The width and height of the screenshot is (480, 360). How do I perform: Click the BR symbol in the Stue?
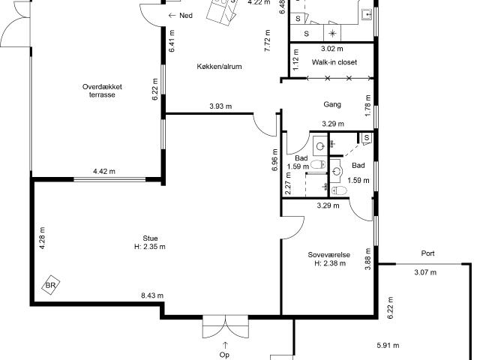[52, 286]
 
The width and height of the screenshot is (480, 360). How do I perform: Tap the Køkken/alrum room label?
[220, 67]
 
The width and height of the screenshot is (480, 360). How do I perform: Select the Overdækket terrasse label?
[103, 91]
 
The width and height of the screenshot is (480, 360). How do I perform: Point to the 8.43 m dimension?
[152, 297]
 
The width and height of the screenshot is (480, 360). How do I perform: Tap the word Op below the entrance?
[223, 354]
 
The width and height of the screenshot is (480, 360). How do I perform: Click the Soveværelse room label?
[328, 255]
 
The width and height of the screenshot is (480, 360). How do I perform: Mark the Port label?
[427, 253]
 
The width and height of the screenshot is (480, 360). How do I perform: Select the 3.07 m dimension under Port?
[424, 272]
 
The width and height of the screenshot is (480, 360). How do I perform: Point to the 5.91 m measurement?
[387, 346]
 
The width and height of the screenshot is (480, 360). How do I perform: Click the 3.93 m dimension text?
[220, 106]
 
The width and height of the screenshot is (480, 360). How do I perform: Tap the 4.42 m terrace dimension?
[104, 172]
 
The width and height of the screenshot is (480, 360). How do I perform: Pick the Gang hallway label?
[332, 105]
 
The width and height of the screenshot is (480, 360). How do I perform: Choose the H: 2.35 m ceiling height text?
[149, 247]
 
